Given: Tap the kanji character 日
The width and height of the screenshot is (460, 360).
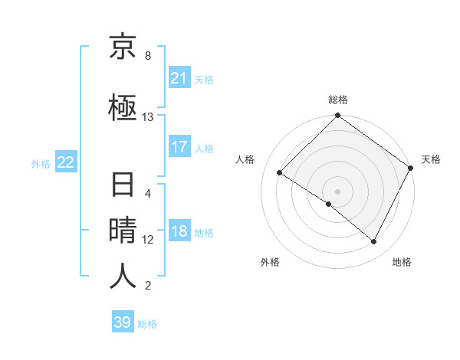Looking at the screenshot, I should point(123,186).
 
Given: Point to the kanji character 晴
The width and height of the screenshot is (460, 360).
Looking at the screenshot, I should point(123,231).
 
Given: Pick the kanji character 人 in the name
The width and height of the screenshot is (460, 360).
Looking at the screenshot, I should point(123,276).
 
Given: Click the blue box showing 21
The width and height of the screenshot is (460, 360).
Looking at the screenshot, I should point(179,78).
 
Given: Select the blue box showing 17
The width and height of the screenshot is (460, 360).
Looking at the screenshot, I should point(179,147).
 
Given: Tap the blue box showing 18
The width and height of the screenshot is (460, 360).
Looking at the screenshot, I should point(179,232).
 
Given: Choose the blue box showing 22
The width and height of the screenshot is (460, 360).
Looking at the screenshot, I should point(65,162).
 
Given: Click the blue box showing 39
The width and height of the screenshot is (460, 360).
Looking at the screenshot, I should point(122,322).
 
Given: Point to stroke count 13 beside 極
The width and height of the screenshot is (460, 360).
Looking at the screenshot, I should point(148,117).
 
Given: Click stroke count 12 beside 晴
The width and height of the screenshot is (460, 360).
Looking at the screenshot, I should point(148,240).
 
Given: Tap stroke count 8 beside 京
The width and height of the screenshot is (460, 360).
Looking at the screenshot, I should point(148,56).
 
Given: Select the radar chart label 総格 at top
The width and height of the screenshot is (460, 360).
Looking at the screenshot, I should point(338,100).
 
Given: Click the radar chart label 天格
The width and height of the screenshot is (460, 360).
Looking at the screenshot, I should point(431,159).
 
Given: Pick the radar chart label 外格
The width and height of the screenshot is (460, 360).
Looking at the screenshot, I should point(270,262).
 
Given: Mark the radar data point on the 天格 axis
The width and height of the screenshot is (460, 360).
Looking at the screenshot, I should point(411,168).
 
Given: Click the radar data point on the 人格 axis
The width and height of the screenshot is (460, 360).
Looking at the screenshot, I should point(280,173).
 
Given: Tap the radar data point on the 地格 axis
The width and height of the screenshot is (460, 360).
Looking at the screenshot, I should point(374,242).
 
